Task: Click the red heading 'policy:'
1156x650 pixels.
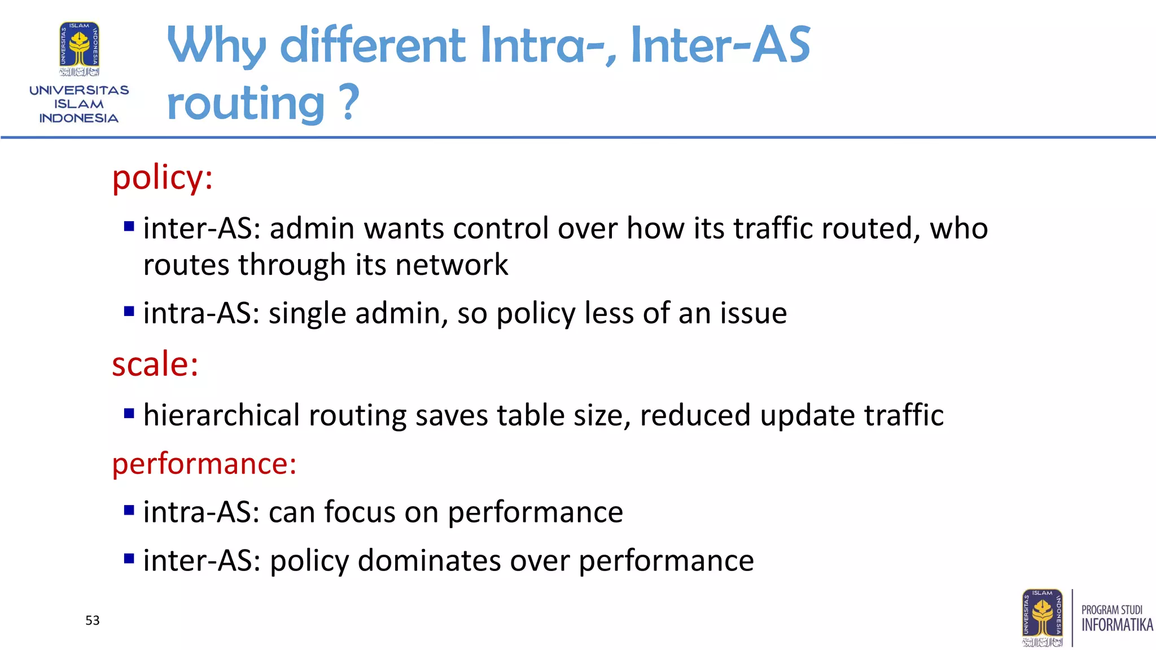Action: [162, 178]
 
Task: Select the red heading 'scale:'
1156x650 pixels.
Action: [155, 364]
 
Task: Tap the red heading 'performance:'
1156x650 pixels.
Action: [204, 464]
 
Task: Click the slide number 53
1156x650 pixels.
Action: [93, 621]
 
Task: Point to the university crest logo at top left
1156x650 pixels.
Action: [80, 49]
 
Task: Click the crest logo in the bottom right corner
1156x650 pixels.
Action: [1042, 618]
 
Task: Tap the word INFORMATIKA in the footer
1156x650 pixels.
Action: [1116, 625]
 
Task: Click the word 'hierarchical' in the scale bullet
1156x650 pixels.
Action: [221, 415]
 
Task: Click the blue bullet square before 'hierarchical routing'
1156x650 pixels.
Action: [129, 414]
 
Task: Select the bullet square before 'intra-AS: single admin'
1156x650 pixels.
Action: [129, 311]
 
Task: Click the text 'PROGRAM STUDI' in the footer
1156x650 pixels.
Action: [1111, 610]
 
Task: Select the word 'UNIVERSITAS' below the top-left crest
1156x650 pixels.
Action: [79, 90]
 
